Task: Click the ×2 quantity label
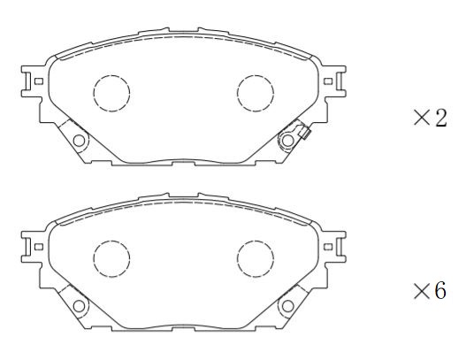pos(430,119)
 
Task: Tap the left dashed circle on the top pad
pos(111,91)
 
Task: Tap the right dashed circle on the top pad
pos(256,91)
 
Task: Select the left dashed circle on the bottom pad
pos(111,258)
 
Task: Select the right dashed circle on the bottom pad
pos(256,258)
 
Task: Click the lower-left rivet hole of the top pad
pos(80,140)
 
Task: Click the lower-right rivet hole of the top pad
pos(287,140)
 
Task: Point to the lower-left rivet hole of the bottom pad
pos(80,306)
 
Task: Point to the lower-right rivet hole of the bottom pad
pos(287,306)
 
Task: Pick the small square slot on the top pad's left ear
pos(38,81)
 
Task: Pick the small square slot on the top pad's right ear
pos(329,81)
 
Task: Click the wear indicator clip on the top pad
pos(303,134)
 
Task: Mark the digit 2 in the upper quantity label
pos(440,119)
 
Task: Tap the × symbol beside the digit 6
pos(421,290)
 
